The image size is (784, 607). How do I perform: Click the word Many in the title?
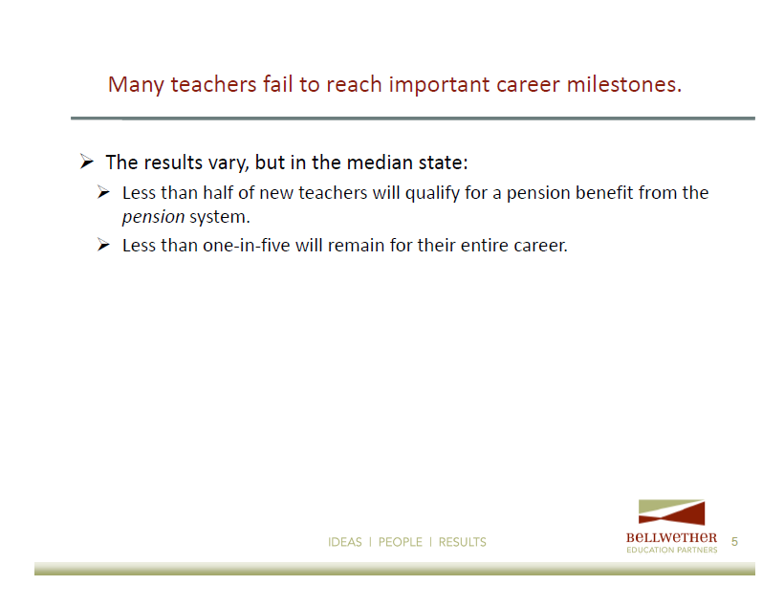click(x=136, y=85)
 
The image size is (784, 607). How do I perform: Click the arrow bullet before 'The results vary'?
click(x=87, y=162)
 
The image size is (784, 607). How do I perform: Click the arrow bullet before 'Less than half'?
click(x=103, y=192)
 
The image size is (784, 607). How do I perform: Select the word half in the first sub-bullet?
click(x=218, y=192)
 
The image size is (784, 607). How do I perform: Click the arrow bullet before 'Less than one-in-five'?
click(x=103, y=245)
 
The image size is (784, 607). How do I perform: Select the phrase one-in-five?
click(x=247, y=245)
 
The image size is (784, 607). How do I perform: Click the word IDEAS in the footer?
click(x=345, y=542)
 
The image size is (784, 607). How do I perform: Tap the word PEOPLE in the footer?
click(x=401, y=542)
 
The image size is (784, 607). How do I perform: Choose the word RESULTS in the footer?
click(x=463, y=542)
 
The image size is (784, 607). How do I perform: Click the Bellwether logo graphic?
click(x=671, y=512)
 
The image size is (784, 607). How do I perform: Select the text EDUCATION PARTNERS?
click(x=672, y=550)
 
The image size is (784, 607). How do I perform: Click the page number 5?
click(x=734, y=541)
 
